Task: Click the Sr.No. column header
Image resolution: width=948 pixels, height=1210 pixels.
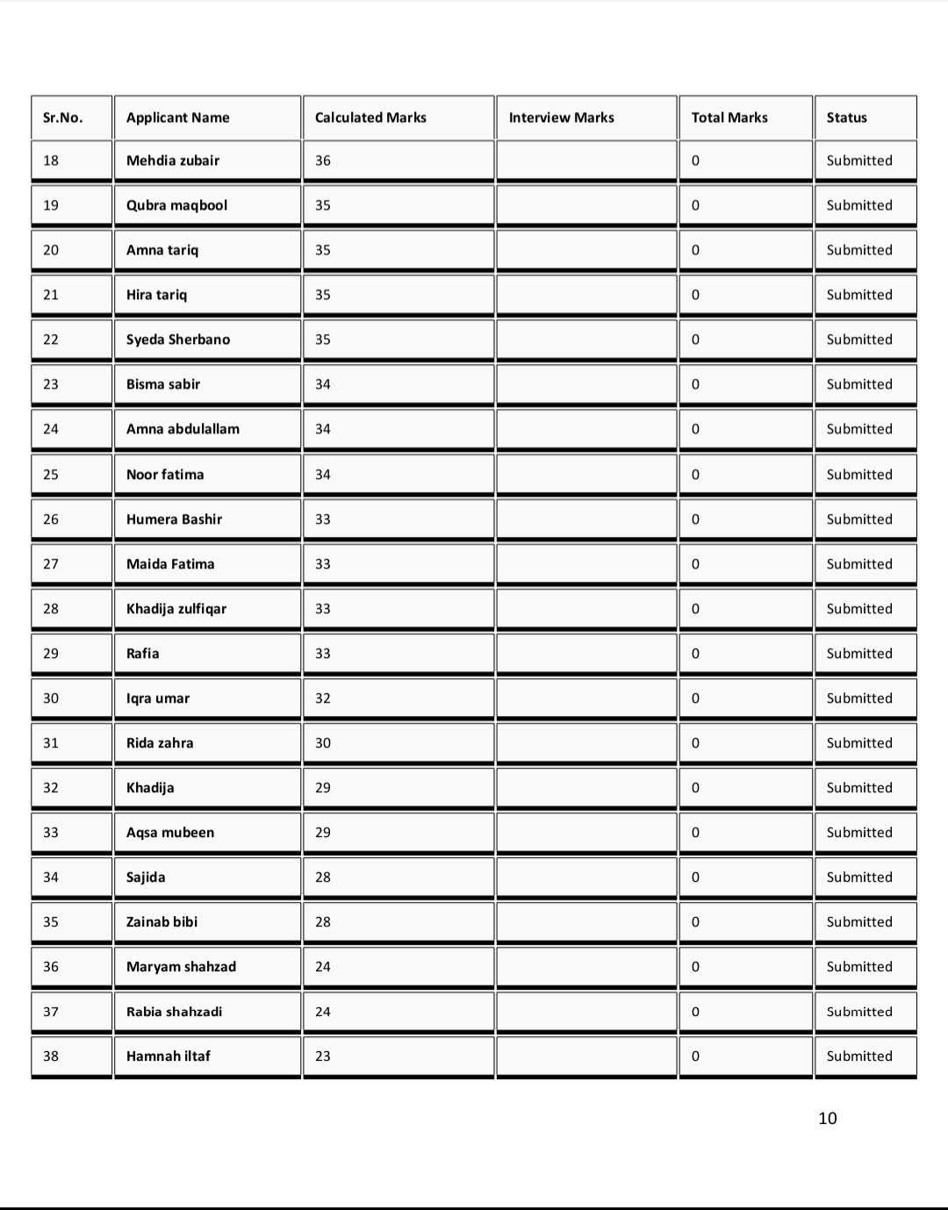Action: point(62,118)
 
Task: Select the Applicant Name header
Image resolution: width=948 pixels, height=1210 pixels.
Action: point(177,118)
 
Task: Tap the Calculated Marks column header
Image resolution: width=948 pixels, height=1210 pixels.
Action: point(370,118)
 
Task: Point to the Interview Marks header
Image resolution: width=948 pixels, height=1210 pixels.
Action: point(561,118)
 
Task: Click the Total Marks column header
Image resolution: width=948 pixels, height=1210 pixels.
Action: point(729,118)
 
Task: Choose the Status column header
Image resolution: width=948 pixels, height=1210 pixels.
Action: point(846,118)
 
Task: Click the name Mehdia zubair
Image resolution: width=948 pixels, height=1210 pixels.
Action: point(173,161)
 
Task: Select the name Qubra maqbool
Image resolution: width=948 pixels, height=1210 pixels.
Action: point(176,205)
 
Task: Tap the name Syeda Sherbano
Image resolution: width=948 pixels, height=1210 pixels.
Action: point(178,340)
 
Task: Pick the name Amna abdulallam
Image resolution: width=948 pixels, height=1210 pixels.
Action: point(183,429)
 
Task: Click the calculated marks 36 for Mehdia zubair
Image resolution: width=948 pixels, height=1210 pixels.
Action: point(323,161)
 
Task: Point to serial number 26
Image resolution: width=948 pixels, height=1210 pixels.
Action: point(51,519)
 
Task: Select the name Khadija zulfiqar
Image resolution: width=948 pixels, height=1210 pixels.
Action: point(176,609)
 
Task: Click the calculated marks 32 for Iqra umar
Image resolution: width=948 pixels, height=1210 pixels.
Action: point(323,698)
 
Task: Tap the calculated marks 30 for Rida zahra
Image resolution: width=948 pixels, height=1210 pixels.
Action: point(323,743)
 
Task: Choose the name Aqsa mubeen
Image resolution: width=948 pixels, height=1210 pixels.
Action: point(170,833)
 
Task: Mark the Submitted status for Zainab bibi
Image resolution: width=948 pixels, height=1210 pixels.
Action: point(858,922)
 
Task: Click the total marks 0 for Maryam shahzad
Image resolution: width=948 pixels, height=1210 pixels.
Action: point(695,967)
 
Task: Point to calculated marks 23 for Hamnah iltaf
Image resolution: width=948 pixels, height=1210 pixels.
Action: point(323,1056)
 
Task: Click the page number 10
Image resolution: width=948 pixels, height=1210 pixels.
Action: point(827,1118)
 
